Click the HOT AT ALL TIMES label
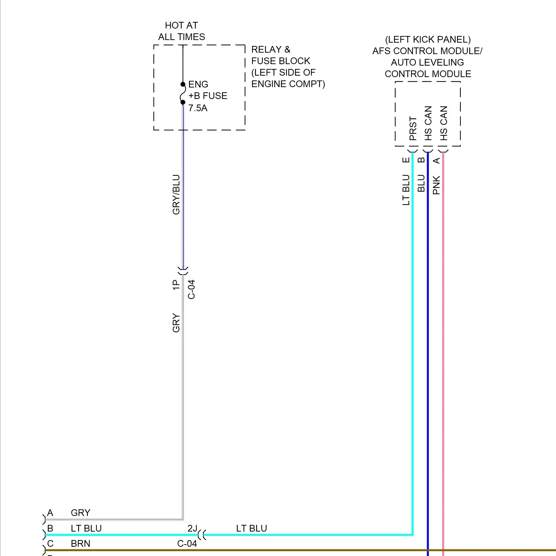[x=181, y=31]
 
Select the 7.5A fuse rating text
[x=198, y=108]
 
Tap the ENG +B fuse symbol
[x=183, y=93]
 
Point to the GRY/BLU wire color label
[x=176, y=195]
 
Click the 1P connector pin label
[x=176, y=285]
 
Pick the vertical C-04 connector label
[x=191, y=289]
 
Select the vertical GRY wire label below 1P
[x=176, y=323]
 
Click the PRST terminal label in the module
[x=413, y=128]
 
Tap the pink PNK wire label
[x=436, y=185]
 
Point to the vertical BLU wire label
[x=421, y=183]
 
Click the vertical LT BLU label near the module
[x=406, y=190]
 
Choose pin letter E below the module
[x=406, y=160]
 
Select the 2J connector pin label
[x=192, y=529]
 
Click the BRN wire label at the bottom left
[x=80, y=544]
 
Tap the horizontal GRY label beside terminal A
[x=80, y=513]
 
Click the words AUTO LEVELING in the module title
[x=427, y=62]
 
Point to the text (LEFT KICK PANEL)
[x=428, y=40]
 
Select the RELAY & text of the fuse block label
[x=271, y=50]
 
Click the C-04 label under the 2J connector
[x=187, y=544]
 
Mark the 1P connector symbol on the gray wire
[x=183, y=271]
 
